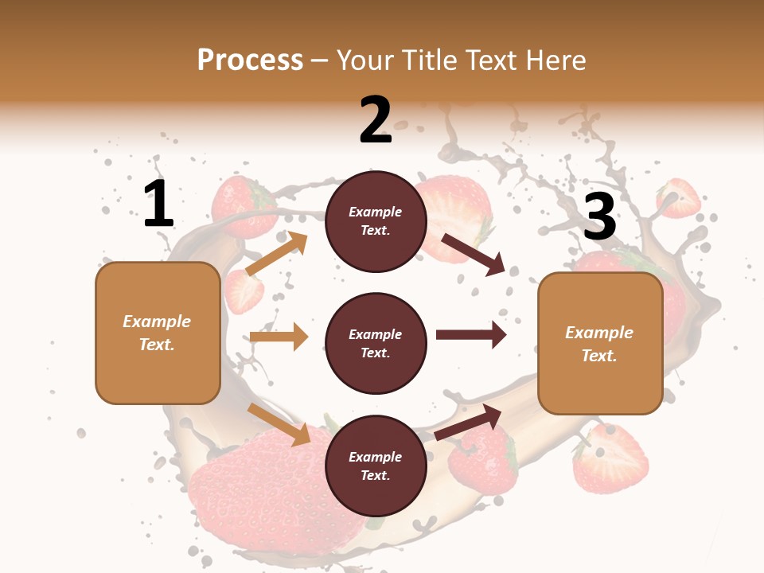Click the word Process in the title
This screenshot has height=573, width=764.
[x=250, y=60]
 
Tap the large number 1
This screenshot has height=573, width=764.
[x=158, y=204]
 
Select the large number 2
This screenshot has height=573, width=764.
[x=376, y=120]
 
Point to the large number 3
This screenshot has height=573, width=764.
[x=599, y=216]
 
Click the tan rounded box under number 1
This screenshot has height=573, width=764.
[x=158, y=333]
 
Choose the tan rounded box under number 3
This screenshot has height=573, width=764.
[x=600, y=344]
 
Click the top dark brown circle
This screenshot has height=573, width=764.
[x=376, y=221]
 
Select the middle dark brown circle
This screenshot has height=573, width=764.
[x=376, y=344]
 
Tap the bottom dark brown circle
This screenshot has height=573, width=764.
[x=376, y=466]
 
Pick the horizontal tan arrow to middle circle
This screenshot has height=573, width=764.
[x=279, y=337]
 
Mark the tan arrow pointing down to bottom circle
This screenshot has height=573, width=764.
[x=279, y=424]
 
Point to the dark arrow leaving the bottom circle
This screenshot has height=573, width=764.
[x=469, y=422]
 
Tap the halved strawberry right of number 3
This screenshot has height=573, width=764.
[x=679, y=197]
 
